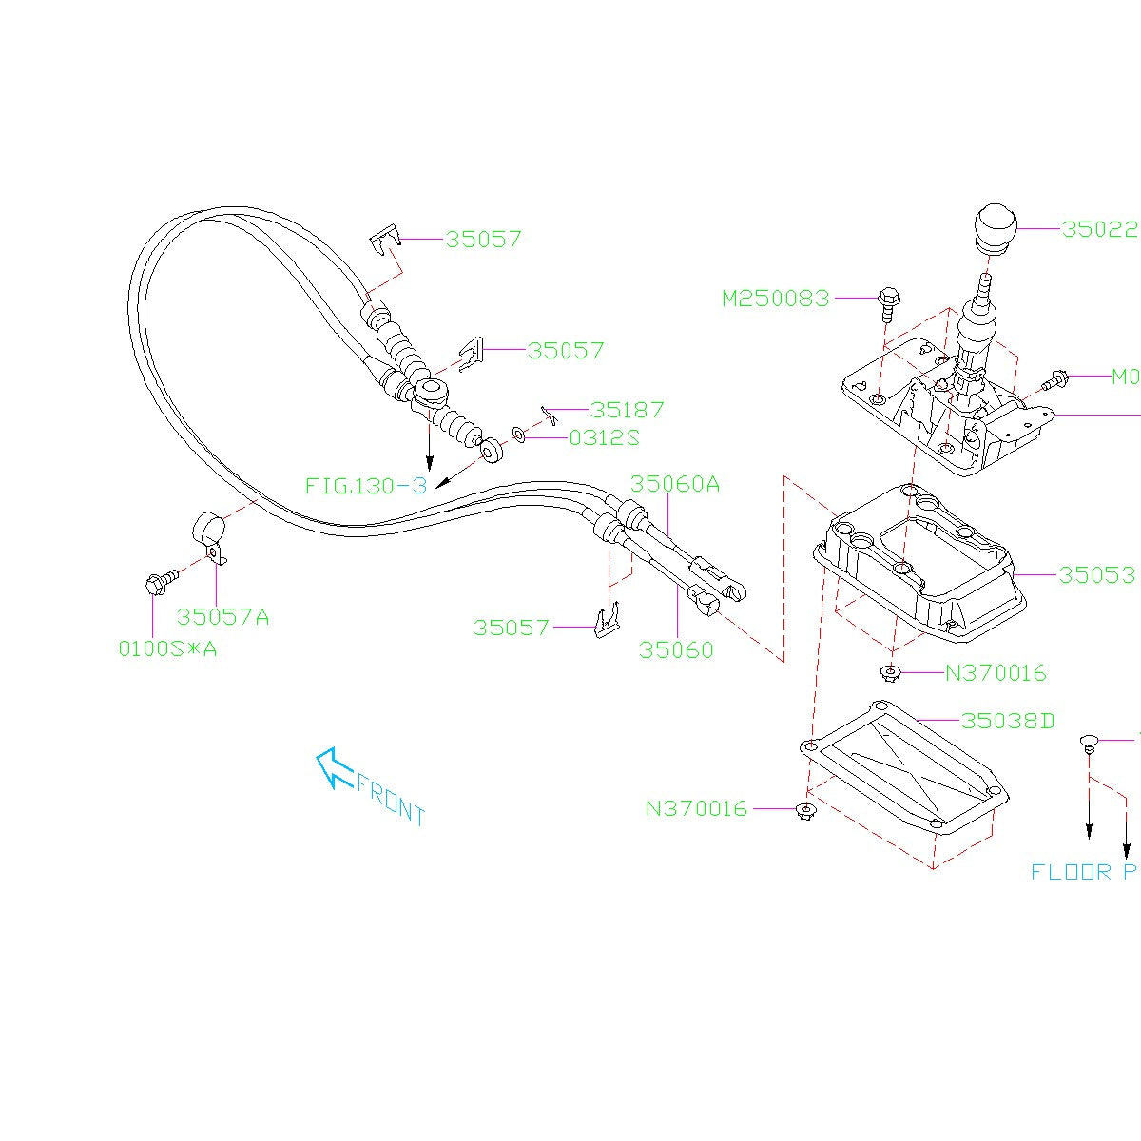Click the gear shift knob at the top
(995, 229)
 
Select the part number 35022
(1099, 229)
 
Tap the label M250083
(775, 299)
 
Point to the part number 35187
(627, 410)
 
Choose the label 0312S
(604, 438)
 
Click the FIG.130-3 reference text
(366, 486)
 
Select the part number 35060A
(675, 484)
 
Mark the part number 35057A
(222, 617)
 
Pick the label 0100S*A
(167, 649)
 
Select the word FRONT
(391, 800)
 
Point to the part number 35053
(1096, 575)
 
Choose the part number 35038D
(1008, 721)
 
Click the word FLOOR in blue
(1071, 872)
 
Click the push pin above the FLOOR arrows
(1090, 742)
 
